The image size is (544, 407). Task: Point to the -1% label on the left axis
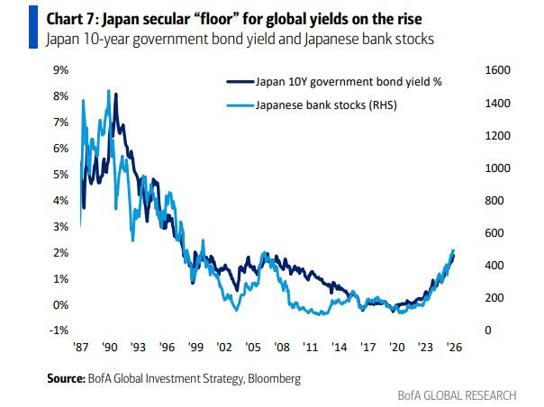tap(59, 330)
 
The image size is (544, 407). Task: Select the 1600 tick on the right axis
tap(501, 70)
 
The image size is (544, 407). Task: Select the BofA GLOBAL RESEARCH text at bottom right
tap(457, 395)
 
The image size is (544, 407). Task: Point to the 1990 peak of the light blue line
tap(109, 90)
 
